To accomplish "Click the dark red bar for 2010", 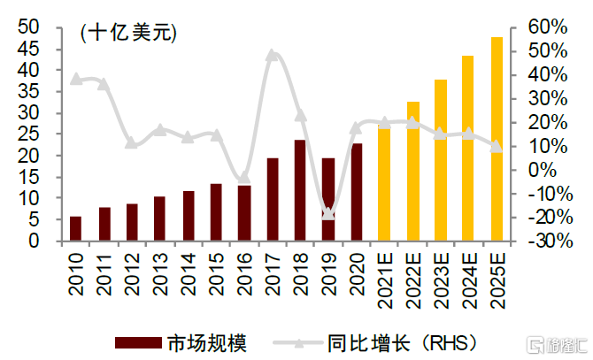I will click(x=75, y=228).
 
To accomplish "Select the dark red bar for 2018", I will click(x=300, y=190).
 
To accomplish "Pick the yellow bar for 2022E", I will click(x=412, y=171).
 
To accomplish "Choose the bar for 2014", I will click(x=188, y=216).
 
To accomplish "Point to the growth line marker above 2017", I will click(x=272, y=55).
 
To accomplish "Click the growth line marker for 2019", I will click(x=328, y=213).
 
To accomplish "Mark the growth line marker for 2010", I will click(x=75, y=79).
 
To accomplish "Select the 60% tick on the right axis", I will click(x=546, y=28).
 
